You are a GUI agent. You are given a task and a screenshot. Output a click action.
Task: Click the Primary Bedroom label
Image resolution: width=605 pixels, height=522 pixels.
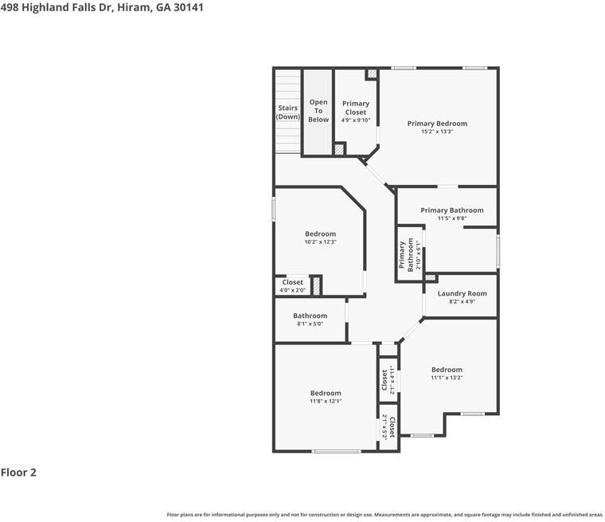pos(437,124)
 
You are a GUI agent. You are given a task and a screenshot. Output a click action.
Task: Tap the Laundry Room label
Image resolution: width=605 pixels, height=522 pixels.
pos(462,293)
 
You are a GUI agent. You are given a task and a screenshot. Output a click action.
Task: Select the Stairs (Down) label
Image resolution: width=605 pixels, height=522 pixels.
pos(288,112)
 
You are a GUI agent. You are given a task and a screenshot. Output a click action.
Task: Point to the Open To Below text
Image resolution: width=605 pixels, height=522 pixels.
pos(318,111)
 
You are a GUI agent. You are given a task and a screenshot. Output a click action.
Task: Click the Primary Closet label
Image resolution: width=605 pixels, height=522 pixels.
pos(356,108)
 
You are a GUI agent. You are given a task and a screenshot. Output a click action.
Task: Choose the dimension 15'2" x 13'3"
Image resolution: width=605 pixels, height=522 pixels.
pos(437,132)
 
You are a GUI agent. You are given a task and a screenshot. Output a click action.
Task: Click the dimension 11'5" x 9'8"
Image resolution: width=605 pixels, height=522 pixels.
pos(452,218)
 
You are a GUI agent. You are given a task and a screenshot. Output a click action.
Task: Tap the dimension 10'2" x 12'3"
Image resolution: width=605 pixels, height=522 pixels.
pos(320,242)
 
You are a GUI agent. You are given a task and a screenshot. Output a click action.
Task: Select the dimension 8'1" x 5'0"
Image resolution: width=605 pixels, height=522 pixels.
pos(310,324)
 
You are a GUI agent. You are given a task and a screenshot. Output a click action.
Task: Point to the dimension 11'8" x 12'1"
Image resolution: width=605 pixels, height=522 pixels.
pos(326,402)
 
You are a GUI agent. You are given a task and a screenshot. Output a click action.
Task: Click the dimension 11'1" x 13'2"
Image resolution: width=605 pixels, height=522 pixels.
pos(447,378)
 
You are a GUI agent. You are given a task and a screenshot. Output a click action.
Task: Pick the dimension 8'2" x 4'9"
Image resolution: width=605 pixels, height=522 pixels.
pos(462,302)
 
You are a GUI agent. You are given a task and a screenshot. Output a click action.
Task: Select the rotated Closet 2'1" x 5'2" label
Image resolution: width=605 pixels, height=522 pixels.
pos(388,426)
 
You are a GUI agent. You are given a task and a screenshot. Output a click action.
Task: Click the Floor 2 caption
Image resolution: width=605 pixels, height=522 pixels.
pos(19,473)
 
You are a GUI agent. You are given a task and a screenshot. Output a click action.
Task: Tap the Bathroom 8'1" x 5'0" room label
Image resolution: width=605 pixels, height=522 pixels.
pos(310,316)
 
